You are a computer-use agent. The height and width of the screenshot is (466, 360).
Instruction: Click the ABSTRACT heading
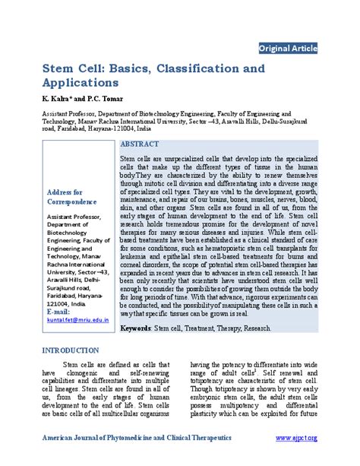click(x=140, y=144)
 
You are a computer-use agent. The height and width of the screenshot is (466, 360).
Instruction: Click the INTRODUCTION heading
click(x=70, y=351)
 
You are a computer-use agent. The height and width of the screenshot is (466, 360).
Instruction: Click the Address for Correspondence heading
click(x=69, y=198)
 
